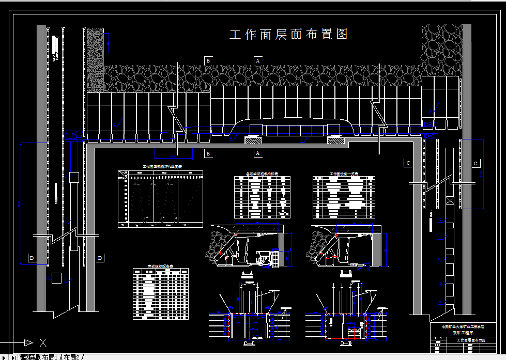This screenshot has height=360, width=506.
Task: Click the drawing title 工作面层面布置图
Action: tap(288, 35)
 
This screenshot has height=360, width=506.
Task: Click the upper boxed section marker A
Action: tap(257, 60)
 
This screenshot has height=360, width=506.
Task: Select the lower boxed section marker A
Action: tap(257, 153)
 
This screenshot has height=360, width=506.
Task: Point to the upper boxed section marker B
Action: tap(208, 60)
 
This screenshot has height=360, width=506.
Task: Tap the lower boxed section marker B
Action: tap(208, 153)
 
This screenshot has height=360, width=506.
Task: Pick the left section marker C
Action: tap(408, 163)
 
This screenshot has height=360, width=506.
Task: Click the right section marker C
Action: tap(476, 163)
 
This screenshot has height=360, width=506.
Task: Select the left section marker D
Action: tap(32, 258)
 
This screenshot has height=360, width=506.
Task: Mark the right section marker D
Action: tap(100, 258)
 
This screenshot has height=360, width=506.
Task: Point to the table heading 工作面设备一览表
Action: tap(344, 174)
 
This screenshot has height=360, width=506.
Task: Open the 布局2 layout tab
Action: tap(72, 357)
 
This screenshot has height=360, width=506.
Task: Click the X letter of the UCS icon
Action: tap(43, 342)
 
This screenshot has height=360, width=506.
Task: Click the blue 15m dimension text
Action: tap(174, 155)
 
